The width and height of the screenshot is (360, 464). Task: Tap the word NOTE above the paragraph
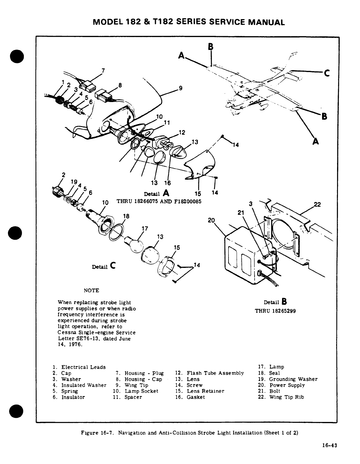coord(91,291)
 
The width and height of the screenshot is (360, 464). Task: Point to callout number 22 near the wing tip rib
coord(317,205)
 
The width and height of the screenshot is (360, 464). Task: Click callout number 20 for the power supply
coord(211,220)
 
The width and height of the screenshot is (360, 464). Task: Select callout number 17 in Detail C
coord(145,228)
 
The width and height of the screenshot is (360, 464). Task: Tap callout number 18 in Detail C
coord(126,216)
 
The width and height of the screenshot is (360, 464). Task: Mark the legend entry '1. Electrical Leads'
coord(79,367)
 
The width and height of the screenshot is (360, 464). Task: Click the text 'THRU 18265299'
coord(275,311)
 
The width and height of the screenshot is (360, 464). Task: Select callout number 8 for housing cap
coord(120,86)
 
